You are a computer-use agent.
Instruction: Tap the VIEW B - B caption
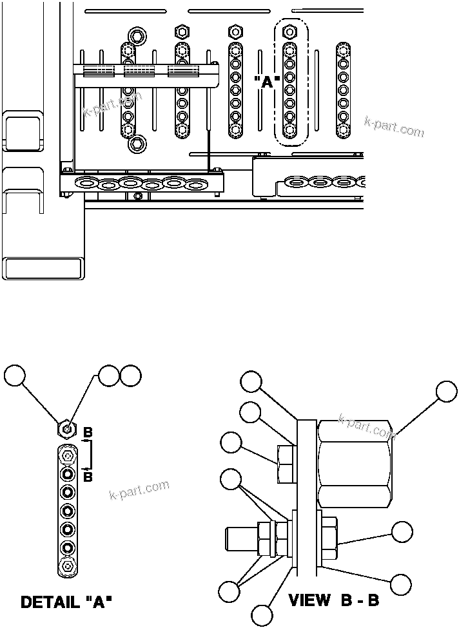[x=334, y=601]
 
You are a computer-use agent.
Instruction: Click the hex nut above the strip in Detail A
[x=66, y=428]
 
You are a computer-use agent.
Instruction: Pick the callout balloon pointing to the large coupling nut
[x=447, y=392]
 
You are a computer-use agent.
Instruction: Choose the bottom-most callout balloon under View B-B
[x=262, y=616]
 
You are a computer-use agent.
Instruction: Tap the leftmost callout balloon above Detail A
[x=15, y=376]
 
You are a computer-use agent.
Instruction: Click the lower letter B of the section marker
[x=88, y=477]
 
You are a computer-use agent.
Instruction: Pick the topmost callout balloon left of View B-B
[x=252, y=381]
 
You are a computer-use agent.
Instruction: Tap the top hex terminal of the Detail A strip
[x=68, y=457]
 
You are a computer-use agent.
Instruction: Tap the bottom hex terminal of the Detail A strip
[x=68, y=567]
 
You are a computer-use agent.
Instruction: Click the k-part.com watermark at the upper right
[x=394, y=127]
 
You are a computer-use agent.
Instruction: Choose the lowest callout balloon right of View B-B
[x=402, y=583]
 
